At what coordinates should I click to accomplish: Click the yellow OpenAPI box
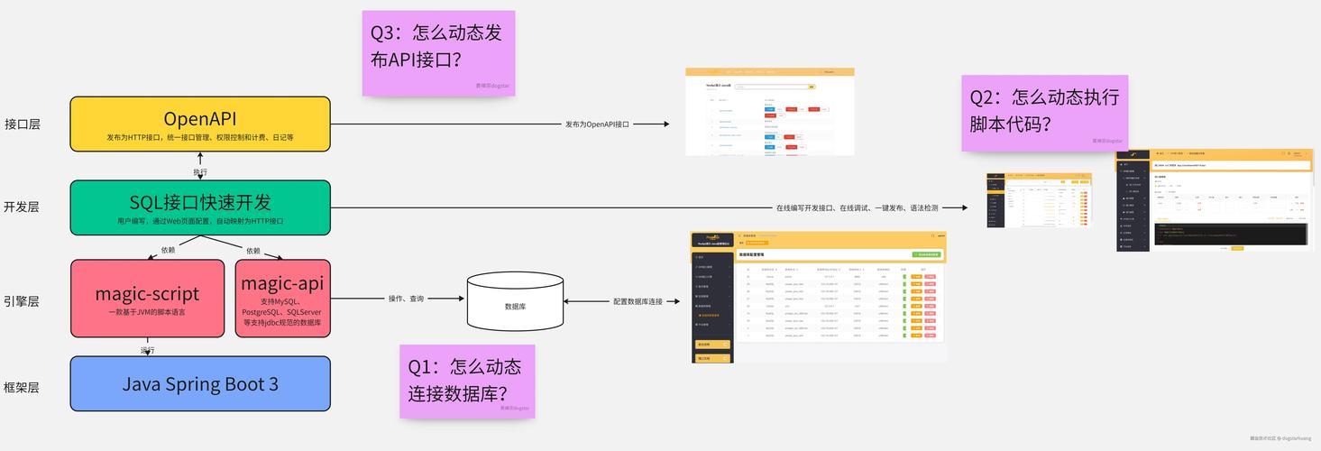pyautogui.click(x=200, y=124)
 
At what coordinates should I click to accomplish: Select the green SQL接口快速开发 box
pyautogui.click(x=200, y=207)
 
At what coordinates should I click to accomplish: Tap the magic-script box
pyautogui.click(x=147, y=299)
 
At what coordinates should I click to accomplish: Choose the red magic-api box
pyautogui.click(x=282, y=299)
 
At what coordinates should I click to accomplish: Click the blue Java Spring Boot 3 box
pyautogui.click(x=200, y=384)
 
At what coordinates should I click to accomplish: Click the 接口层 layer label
pyautogui.click(x=23, y=124)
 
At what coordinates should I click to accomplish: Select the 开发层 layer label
pyautogui.click(x=23, y=207)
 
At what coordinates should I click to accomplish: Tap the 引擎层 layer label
pyautogui.click(x=23, y=301)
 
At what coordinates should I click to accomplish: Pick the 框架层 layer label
pyautogui.click(x=23, y=387)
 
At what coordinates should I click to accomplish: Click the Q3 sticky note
pyautogui.click(x=438, y=52)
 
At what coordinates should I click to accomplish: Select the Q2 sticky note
pyautogui.click(x=1044, y=110)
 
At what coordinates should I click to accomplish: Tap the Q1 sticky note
pyautogui.click(x=466, y=381)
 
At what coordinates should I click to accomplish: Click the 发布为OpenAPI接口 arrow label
pyautogui.click(x=597, y=124)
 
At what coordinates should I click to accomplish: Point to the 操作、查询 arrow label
pyautogui.click(x=406, y=299)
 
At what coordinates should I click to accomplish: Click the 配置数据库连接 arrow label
pyautogui.click(x=638, y=302)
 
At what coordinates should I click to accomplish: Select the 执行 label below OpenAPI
pyautogui.click(x=200, y=171)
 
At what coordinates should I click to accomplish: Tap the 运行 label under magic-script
pyautogui.click(x=147, y=350)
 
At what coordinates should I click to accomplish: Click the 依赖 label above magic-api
pyautogui.click(x=253, y=250)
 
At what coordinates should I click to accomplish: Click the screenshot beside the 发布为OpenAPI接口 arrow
pyautogui.click(x=769, y=111)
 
